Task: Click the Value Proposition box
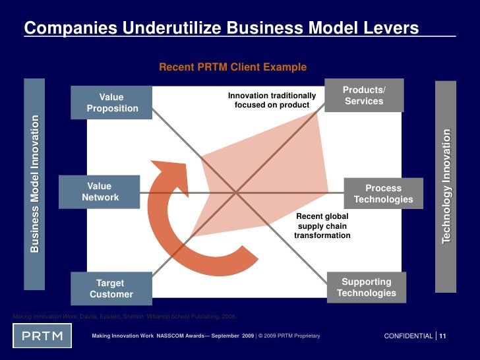pyautogui.click(x=112, y=103)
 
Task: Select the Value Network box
pyautogui.click(x=100, y=192)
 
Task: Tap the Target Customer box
pyautogui.click(x=111, y=289)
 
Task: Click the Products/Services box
pyautogui.click(x=363, y=96)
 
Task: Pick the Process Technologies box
pyautogui.click(x=383, y=194)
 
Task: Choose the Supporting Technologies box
pyautogui.click(x=366, y=287)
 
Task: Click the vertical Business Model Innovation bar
pyautogui.click(x=34, y=184)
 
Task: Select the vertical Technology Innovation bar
pyautogui.click(x=446, y=185)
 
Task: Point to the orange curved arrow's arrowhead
pyautogui.click(x=168, y=171)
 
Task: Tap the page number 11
pyautogui.click(x=442, y=336)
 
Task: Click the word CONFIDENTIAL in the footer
pyautogui.click(x=408, y=336)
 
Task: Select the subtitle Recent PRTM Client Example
pyautogui.click(x=233, y=67)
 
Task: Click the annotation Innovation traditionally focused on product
pyautogui.click(x=272, y=100)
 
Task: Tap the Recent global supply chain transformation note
pyautogui.click(x=322, y=225)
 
